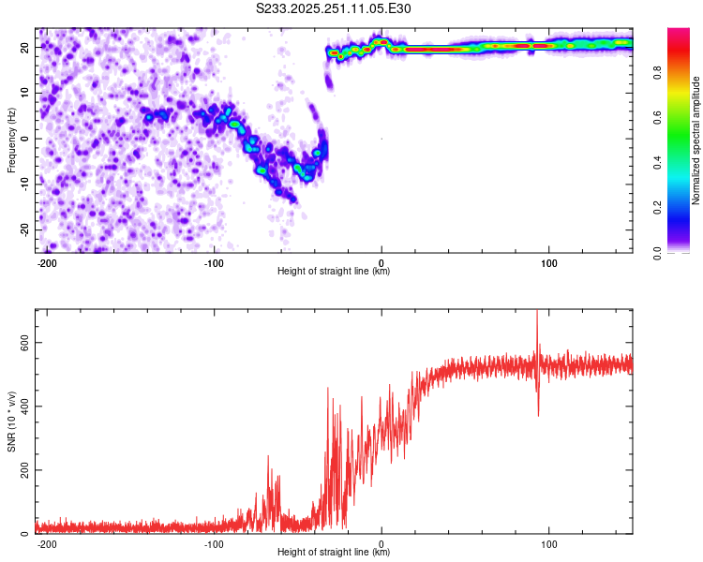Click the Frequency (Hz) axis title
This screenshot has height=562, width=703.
pyautogui.click(x=11, y=140)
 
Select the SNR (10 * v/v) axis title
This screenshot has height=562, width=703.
pyautogui.click(x=11, y=421)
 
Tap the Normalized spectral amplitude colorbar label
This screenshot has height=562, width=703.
pyautogui.click(x=696, y=140)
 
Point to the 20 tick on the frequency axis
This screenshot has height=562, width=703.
pyautogui.click(x=23, y=47)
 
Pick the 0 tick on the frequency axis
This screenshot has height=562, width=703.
pyautogui.click(x=27, y=139)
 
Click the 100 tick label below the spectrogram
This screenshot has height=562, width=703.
pyautogui.click(x=547, y=262)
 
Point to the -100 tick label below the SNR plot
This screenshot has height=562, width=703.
pyautogui.click(x=214, y=543)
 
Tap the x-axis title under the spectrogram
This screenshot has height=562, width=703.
pyautogui.click(x=334, y=272)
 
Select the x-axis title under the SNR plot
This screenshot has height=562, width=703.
pyautogui.click(x=334, y=553)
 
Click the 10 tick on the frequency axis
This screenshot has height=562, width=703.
pyautogui.click(x=23, y=93)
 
